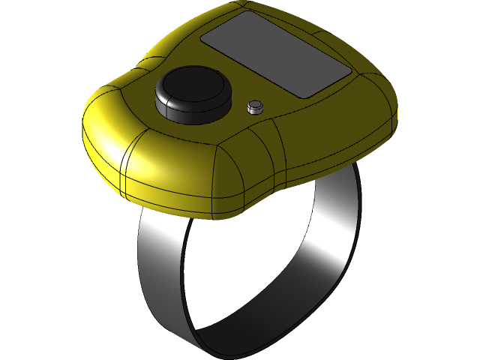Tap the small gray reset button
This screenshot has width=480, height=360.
[x=256, y=106]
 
